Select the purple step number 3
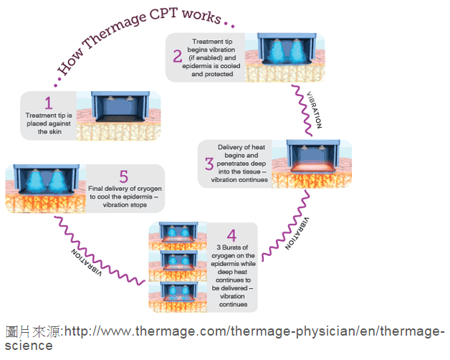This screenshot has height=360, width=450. pyautogui.click(x=209, y=164)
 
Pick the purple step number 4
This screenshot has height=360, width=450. pyautogui.click(x=231, y=236)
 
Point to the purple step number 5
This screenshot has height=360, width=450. pyautogui.click(x=124, y=176)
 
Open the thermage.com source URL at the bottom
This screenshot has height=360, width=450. pyautogui.click(x=251, y=331)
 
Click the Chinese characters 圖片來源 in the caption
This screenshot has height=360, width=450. pyautogui.click(x=33, y=331)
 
